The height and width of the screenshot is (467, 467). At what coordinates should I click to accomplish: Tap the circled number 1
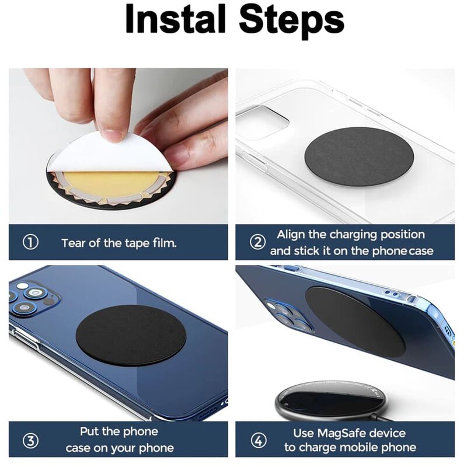point(30,242)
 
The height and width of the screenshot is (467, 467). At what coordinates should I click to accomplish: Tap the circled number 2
point(257,242)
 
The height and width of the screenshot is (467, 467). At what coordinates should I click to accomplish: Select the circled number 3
point(30,439)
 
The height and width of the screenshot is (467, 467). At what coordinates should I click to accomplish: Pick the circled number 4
point(257,439)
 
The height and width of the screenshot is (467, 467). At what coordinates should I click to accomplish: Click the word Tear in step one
point(74,242)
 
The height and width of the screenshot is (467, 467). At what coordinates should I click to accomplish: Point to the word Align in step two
point(292,235)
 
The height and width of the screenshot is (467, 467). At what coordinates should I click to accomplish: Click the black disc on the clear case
point(359,156)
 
